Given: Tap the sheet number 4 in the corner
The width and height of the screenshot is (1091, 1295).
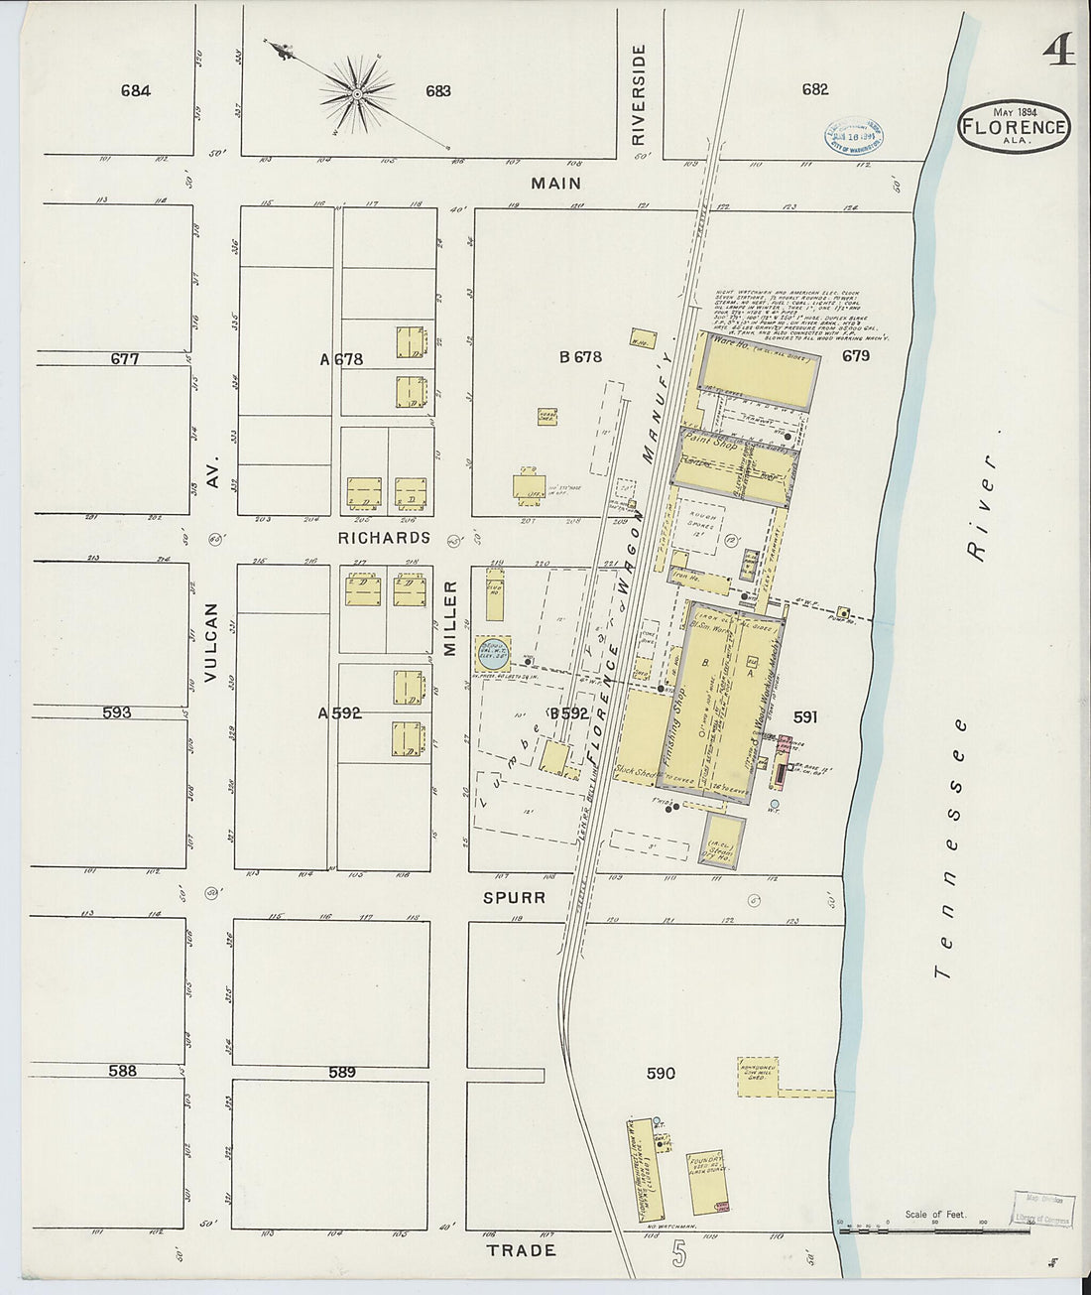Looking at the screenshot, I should (1057, 50).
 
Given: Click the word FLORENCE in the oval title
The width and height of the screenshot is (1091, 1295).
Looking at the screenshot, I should (1013, 127).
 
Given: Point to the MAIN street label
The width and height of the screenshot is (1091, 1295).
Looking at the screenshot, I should (555, 184).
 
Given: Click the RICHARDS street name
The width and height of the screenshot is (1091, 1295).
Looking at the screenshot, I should (384, 538).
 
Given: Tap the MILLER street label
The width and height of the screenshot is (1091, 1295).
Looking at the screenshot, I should (449, 618).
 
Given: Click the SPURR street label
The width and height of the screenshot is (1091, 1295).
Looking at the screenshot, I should (514, 898).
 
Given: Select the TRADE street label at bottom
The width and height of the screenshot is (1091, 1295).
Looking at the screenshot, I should (522, 1250).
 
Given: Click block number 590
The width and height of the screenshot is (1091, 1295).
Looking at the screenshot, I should (661, 1073).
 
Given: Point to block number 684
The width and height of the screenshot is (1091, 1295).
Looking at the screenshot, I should (136, 90).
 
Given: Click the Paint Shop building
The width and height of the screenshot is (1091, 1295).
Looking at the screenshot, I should (738, 461).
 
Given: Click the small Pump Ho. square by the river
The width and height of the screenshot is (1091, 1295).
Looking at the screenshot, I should (844, 612).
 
